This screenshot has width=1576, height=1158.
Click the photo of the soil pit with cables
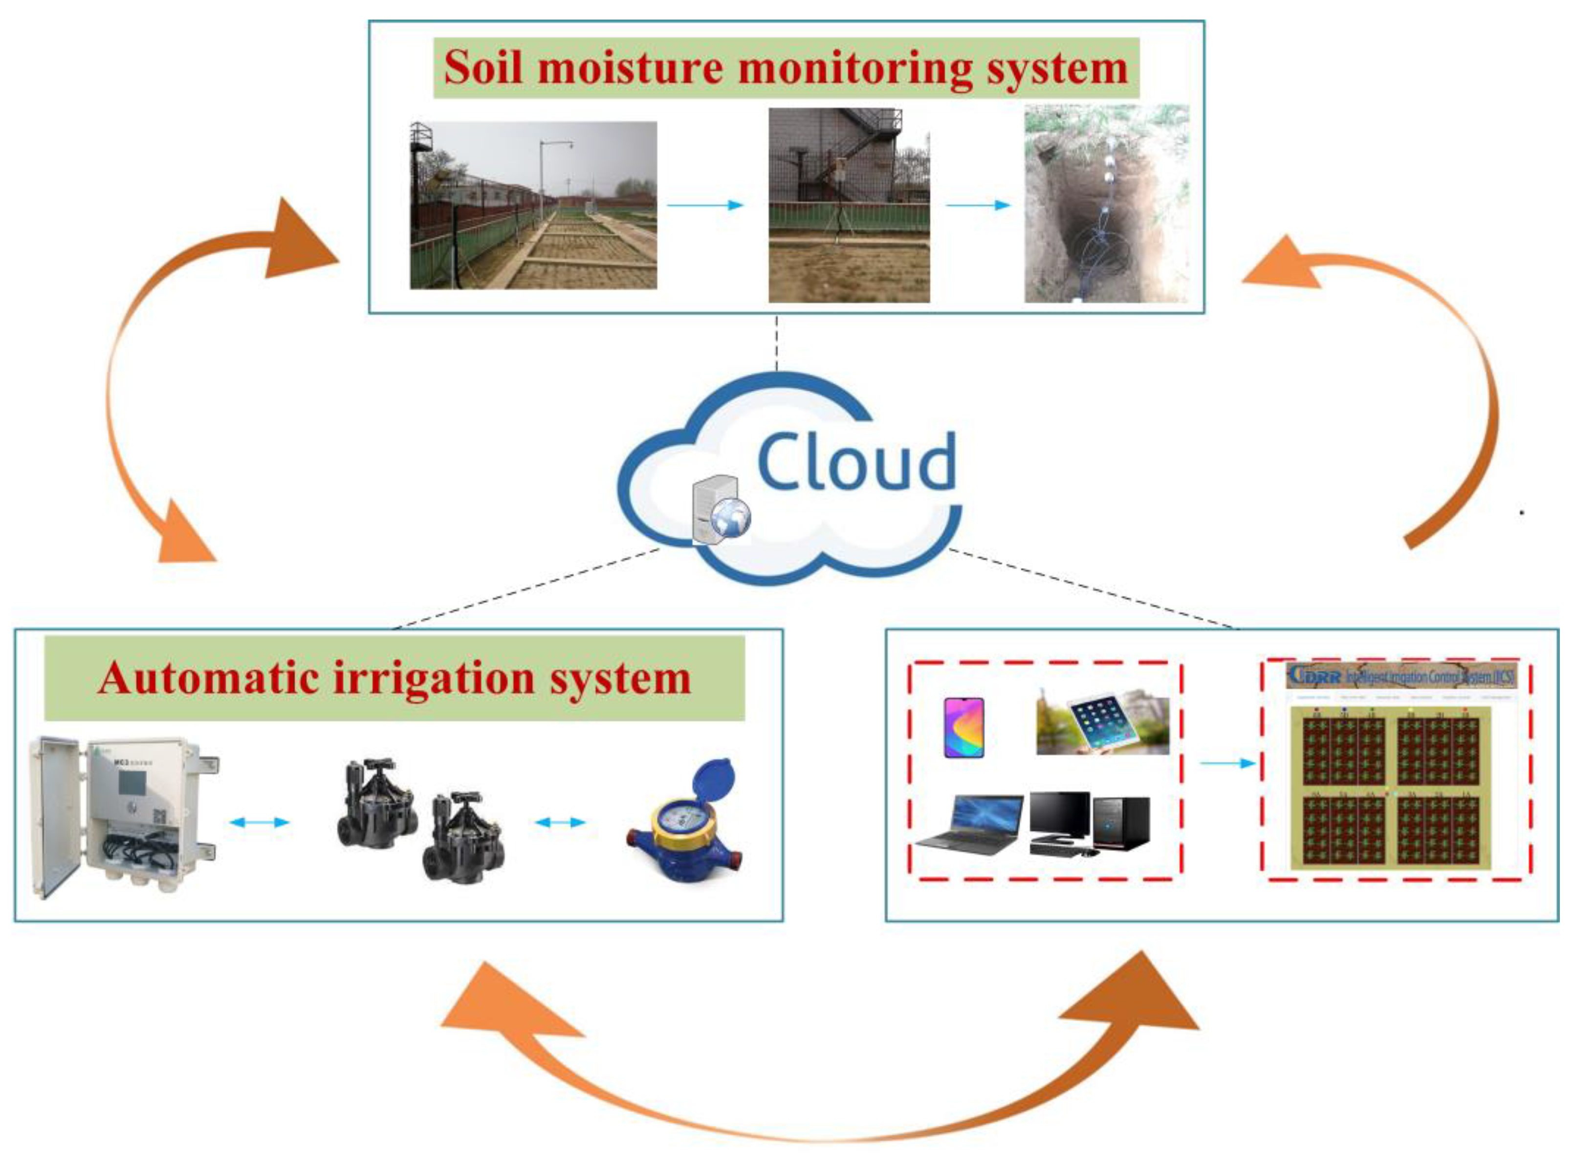1106,203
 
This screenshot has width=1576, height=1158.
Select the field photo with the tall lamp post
533,205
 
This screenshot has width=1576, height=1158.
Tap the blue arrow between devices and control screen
1227,763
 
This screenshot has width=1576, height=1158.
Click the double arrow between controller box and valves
260,822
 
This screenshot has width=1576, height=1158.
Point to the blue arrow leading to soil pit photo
978,205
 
